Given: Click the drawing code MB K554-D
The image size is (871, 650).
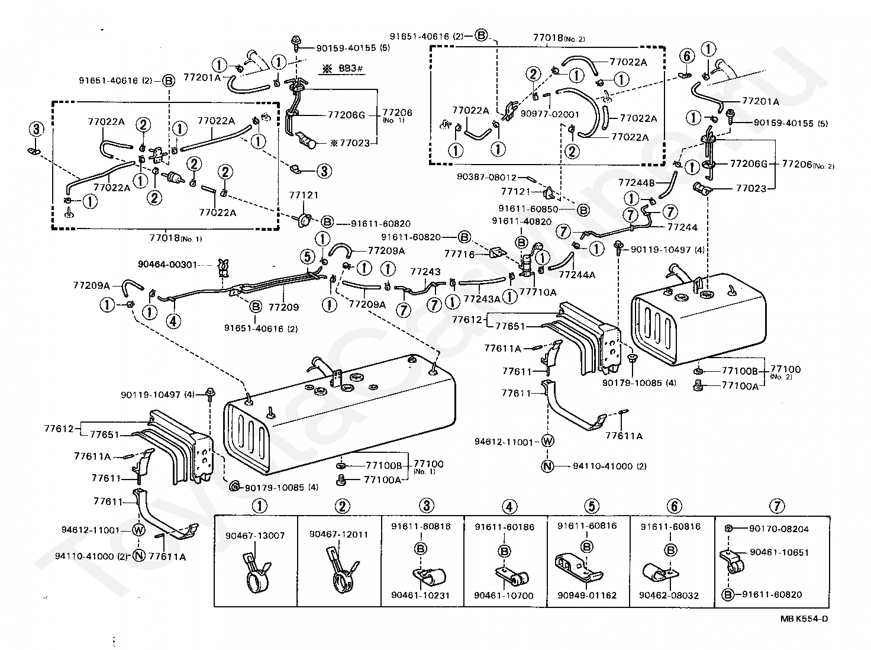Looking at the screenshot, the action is [804, 618].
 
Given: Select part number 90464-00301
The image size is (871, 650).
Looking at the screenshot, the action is [167, 264].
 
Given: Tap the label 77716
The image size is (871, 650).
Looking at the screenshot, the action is [460, 254].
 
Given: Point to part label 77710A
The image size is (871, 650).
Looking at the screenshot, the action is [538, 292].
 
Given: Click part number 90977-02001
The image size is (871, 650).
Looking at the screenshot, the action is [550, 114].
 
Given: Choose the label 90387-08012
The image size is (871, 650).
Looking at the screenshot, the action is [486, 177].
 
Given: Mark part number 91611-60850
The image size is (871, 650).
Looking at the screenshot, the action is [528, 209].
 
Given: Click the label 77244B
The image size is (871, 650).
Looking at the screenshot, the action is [637, 182].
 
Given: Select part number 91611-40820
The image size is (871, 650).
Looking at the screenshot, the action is [521, 221].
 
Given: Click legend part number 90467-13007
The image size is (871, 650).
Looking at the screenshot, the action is [255, 535].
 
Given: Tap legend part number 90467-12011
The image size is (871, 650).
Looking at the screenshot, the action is [339, 534].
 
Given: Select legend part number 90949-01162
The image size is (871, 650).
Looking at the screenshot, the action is [587, 595].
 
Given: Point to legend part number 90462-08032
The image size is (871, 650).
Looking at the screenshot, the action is [669, 595].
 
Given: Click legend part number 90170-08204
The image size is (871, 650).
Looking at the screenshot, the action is [779, 529].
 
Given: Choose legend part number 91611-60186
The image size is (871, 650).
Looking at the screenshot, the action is [504, 527].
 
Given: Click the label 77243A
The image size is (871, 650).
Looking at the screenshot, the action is [482, 299].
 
